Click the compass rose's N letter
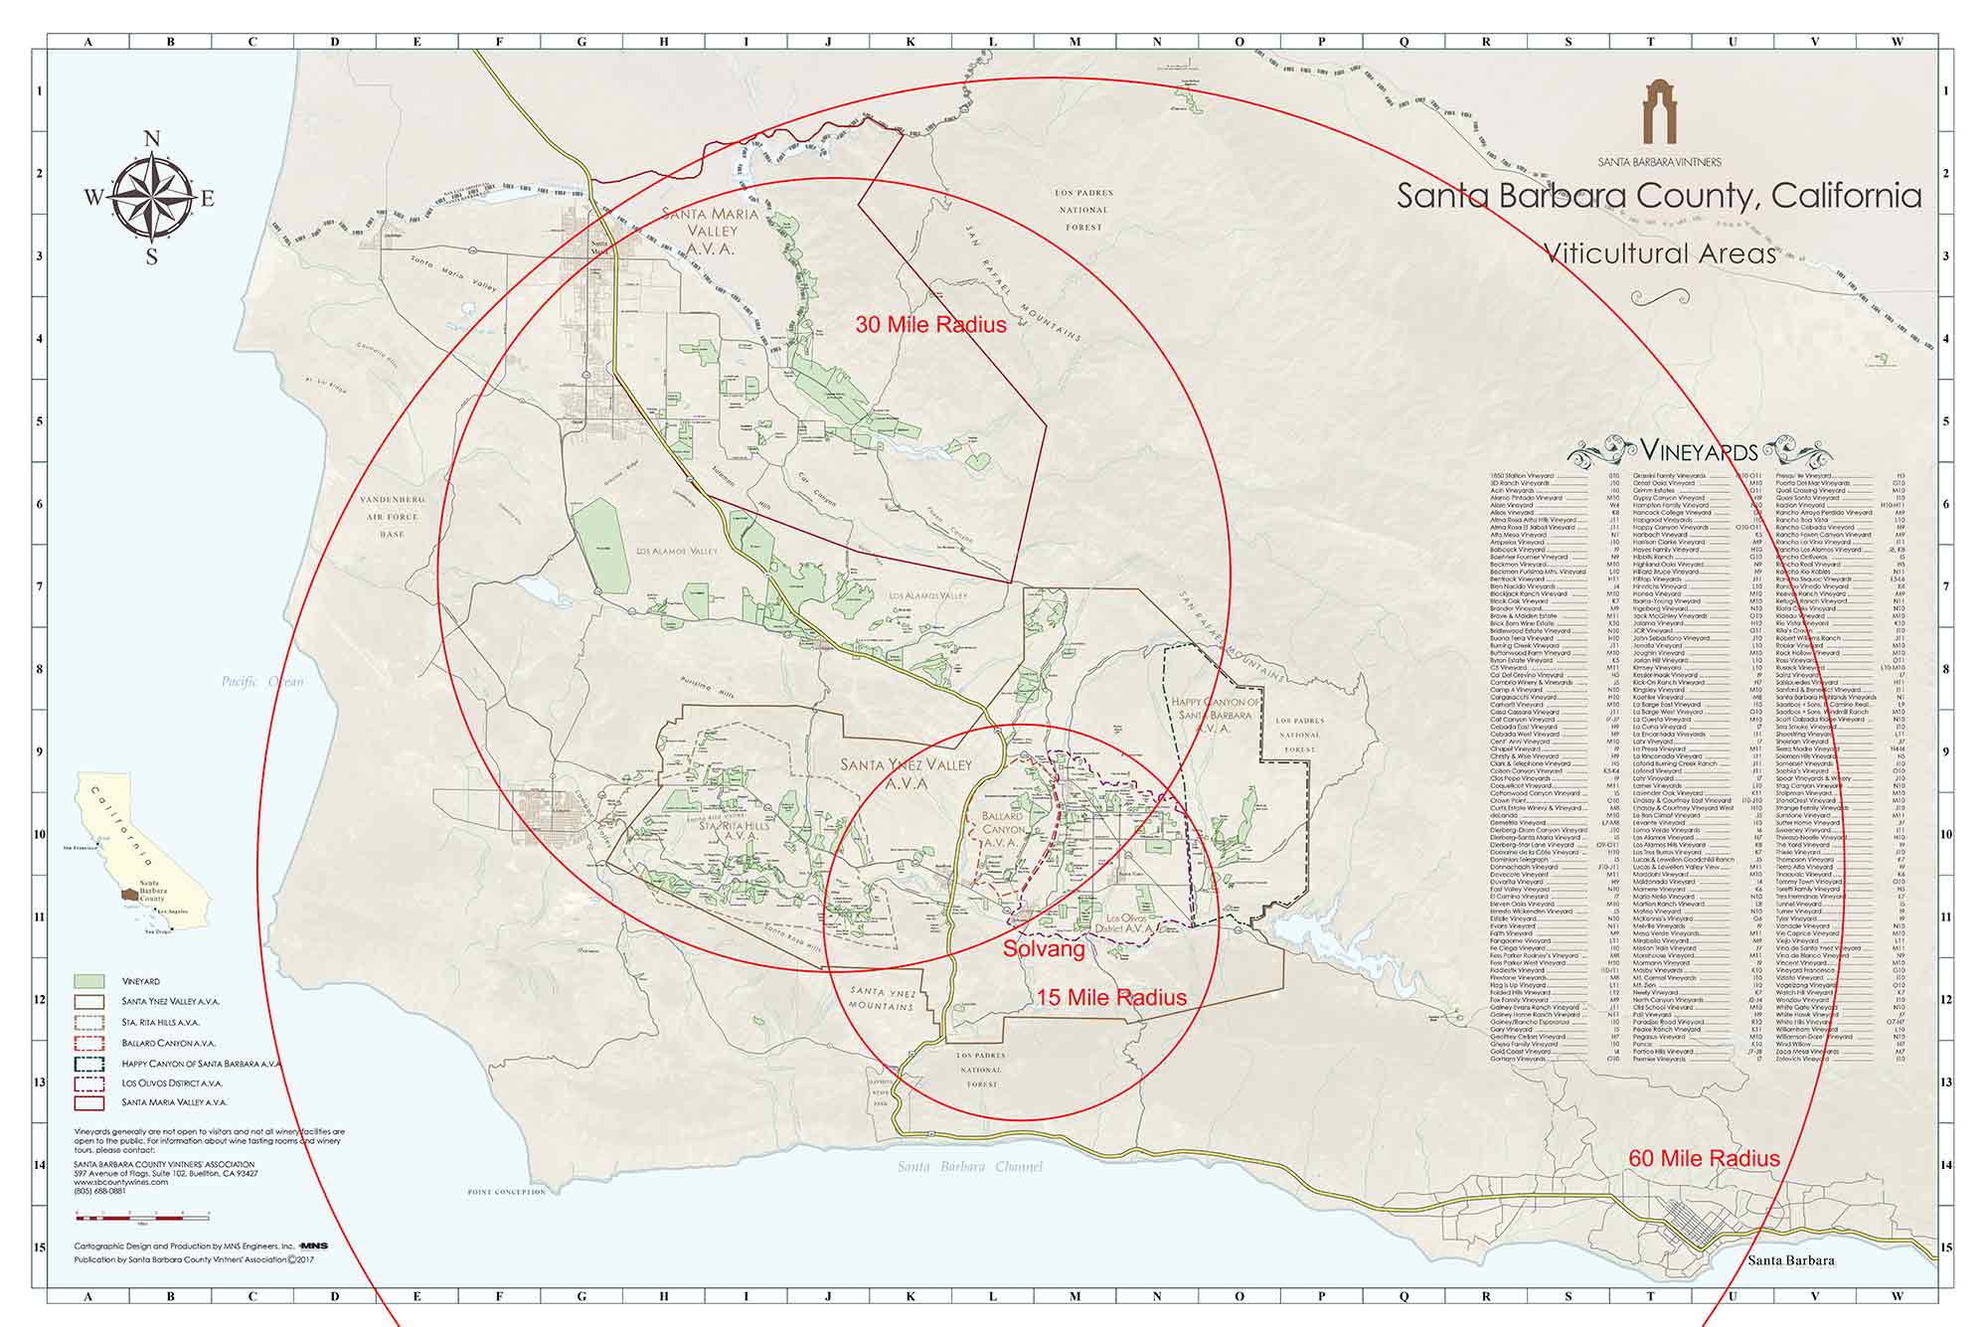153,139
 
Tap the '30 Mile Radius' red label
930,325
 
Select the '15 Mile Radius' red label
1111,998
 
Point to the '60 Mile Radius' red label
1704,1158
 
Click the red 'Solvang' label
1043,949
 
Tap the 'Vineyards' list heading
1699,451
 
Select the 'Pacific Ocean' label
262,682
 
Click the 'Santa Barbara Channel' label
970,1167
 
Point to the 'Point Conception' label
507,1192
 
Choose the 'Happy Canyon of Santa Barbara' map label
1215,715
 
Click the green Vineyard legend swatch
89,982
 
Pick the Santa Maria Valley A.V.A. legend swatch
89,1102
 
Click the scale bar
142,1216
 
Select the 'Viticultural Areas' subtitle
1659,253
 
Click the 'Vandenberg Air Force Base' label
392,517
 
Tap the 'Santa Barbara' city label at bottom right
1791,1260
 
